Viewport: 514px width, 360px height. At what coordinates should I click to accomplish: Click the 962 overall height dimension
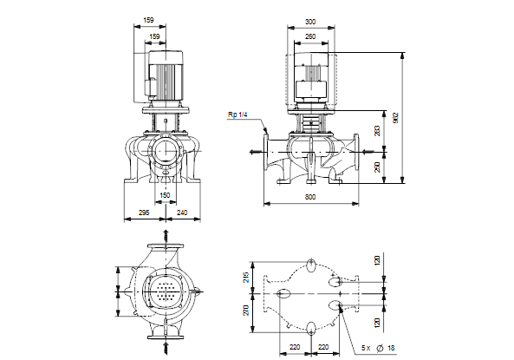coord(395,118)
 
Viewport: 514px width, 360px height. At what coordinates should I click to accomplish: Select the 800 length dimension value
coord(310,197)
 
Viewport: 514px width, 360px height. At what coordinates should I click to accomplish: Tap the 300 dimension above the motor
coord(310,22)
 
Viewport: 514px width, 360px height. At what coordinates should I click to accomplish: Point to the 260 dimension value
coord(310,36)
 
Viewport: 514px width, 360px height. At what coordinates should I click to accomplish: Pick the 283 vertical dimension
coord(377,131)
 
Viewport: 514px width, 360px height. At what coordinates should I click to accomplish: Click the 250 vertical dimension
coord(377,167)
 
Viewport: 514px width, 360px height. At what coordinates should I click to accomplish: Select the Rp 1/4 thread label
coord(237,115)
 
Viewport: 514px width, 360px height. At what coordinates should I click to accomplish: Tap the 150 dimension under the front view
coord(165,195)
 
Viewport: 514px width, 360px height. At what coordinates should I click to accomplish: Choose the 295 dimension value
coord(144,213)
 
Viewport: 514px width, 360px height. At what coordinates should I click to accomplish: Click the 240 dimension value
coord(182,213)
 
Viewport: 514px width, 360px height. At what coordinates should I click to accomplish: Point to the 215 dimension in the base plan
coord(246,278)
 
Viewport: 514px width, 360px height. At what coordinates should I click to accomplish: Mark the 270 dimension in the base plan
coord(246,311)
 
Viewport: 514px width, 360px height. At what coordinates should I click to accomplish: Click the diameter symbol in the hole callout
coord(380,348)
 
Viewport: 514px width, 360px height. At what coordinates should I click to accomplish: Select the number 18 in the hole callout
coord(391,348)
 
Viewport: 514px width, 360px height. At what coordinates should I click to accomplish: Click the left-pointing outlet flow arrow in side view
coord(256,152)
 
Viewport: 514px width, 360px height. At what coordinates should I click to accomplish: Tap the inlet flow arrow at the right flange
coord(368,152)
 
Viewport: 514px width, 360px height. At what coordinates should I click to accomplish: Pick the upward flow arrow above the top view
coord(166,236)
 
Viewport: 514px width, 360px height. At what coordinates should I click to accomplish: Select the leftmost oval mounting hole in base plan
coord(283,293)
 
